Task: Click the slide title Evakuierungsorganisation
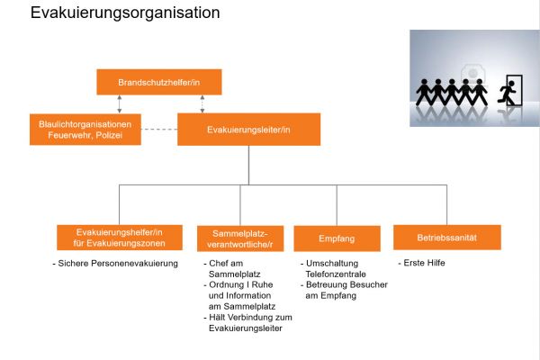(x=125, y=13)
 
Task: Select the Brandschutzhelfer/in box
(x=159, y=82)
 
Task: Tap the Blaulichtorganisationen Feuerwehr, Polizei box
(x=85, y=130)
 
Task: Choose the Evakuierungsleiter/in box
(x=248, y=130)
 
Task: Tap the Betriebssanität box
(x=446, y=237)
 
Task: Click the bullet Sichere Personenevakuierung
(x=117, y=263)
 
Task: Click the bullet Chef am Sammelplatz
(x=232, y=268)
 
